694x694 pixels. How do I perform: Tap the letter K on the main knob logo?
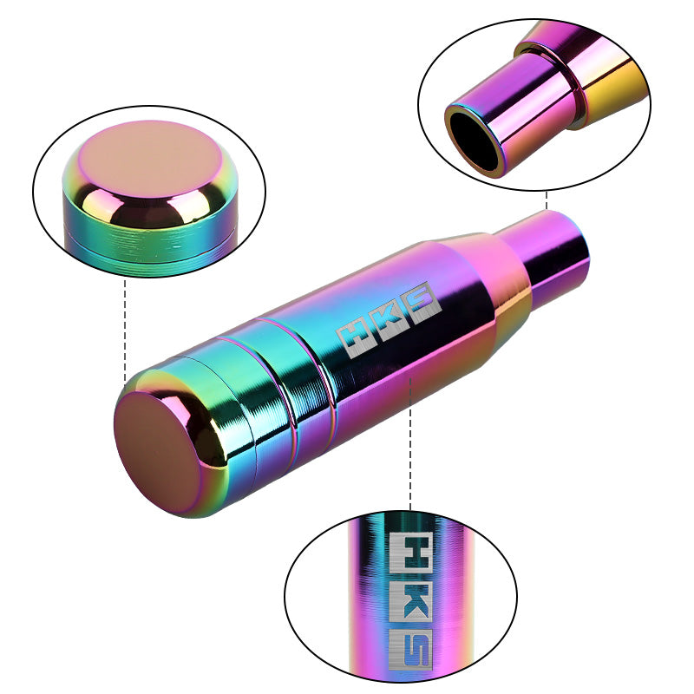(x=388, y=324)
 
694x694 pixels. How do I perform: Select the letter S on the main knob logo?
(x=425, y=308)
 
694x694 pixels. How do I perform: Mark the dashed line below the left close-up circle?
(x=127, y=330)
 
